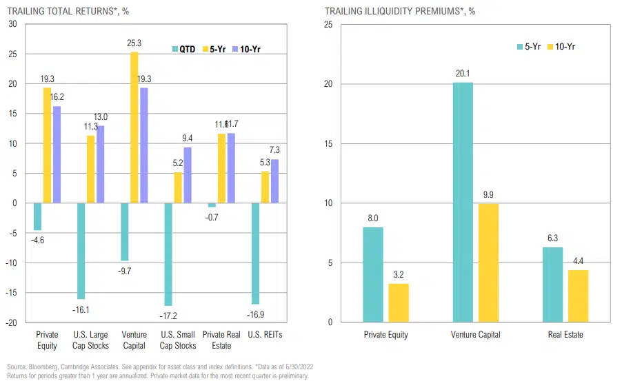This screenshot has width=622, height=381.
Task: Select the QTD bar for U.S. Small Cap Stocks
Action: (168, 254)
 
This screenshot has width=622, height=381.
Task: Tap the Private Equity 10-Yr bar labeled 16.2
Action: (57, 154)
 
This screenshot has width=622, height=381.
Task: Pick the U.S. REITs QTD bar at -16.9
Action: (254, 254)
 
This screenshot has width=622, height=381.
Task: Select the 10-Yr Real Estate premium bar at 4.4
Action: (579, 296)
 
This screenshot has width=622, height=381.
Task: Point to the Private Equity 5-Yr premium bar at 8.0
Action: (373, 274)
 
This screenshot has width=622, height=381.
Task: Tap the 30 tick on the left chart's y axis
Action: (12, 24)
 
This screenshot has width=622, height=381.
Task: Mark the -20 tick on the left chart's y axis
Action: (11, 322)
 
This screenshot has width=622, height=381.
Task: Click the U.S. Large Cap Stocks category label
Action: (91, 340)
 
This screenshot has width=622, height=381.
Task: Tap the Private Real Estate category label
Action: (221, 340)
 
